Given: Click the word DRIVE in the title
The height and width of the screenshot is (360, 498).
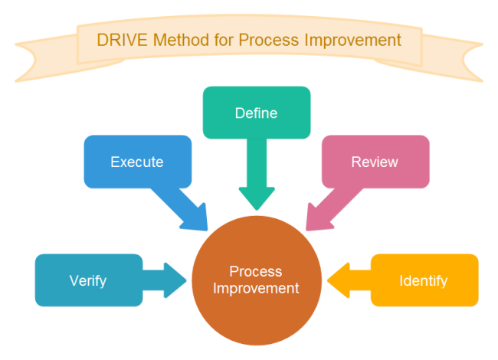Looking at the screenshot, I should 117,39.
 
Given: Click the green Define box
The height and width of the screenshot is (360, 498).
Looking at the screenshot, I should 256,113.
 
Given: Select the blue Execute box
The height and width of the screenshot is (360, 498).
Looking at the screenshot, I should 137,162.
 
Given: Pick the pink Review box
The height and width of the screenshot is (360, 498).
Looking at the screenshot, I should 375,162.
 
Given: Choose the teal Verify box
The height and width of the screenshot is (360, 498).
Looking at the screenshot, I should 88,280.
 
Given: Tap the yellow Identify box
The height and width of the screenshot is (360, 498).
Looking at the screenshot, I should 424,280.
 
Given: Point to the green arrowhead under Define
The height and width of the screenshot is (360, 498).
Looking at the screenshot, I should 256,198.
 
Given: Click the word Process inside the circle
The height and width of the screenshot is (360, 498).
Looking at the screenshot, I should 256,272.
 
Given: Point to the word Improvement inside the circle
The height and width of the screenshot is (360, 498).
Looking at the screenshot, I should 256,289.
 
